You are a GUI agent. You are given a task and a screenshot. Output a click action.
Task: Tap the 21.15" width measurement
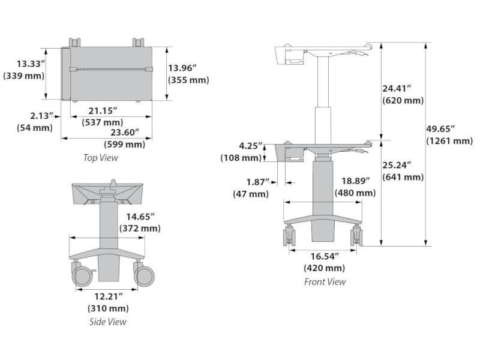(102, 111)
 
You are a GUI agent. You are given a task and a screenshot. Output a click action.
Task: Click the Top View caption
(101, 158)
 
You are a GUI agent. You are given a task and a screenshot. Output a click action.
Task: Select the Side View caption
(109, 322)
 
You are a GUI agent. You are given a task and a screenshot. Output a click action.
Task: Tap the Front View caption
(325, 281)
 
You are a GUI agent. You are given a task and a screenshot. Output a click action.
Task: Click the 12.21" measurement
(108, 296)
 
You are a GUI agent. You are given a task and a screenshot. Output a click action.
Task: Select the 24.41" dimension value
(397, 88)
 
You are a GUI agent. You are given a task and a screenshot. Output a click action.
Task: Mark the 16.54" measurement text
(324, 256)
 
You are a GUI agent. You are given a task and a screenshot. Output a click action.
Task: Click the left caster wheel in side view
(82, 275)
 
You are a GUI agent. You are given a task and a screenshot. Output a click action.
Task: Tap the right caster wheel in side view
(145, 275)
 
